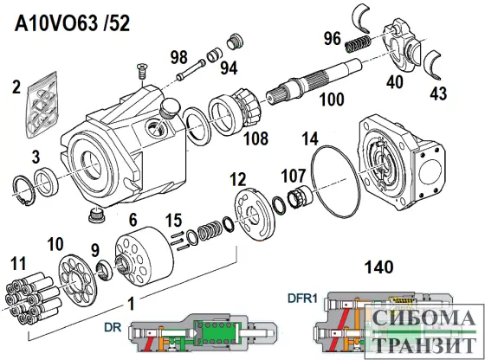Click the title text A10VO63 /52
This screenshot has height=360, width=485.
pyautogui.click(x=73, y=23)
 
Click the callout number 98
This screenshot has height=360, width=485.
pyautogui.click(x=179, y=57)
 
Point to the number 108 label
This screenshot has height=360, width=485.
pyautogui.click(x=255, y=137)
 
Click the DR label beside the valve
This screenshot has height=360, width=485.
pyautogui.click(x=112, y=329)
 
